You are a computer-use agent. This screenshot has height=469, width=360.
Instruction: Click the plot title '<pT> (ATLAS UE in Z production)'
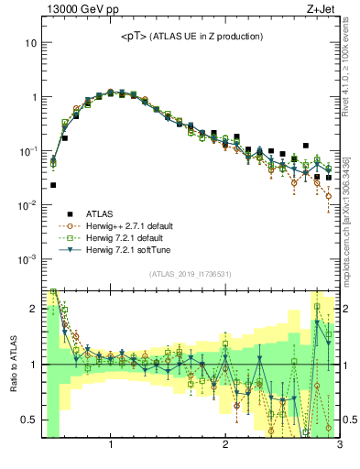(x=192, y=37)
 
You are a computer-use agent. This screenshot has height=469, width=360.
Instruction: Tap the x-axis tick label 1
(x=111, y=446)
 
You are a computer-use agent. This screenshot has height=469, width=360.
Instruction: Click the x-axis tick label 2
(x=225, y=446)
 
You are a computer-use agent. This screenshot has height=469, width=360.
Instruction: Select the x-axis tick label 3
(x=338, y=446)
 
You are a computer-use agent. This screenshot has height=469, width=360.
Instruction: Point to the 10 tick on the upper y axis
(x=31, y=43)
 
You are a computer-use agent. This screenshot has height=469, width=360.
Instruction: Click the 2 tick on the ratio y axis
(x=32, y=309)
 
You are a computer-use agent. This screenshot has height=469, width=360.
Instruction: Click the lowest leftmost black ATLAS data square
(x=53, y=185)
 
